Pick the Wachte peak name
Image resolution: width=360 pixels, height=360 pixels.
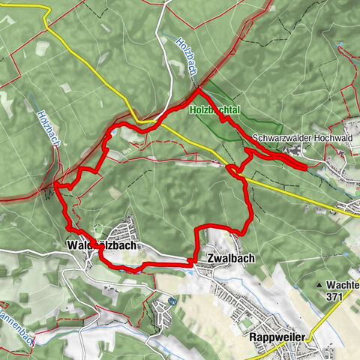342,285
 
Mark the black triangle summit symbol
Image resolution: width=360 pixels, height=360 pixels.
319,286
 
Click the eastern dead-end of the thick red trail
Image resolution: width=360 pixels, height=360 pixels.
304,166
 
